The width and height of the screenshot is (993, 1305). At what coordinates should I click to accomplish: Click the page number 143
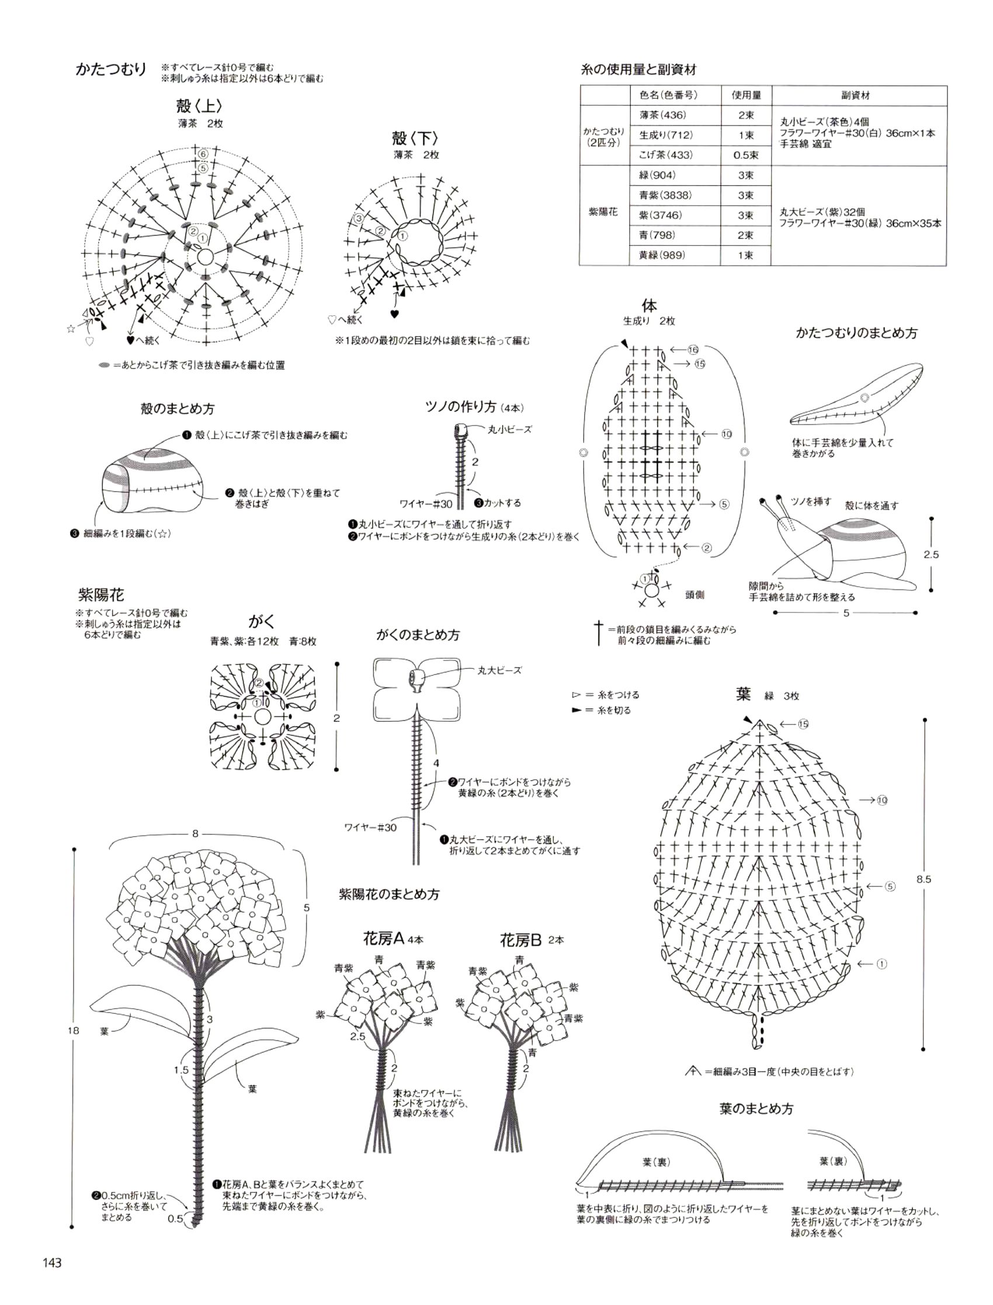(x=52, y=1262)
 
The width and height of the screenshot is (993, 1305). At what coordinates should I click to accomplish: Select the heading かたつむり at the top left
(x=110, y=69)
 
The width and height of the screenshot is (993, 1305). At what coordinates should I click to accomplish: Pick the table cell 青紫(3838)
(x=665, y=195)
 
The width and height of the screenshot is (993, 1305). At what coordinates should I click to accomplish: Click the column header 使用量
(x=746, y=95)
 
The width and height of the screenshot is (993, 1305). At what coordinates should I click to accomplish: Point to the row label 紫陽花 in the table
(x=603, y=211)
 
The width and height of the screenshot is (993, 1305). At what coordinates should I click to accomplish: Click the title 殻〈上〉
(x=199, y=106)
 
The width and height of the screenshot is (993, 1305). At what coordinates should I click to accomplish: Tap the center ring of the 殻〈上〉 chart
(x=204, y=257)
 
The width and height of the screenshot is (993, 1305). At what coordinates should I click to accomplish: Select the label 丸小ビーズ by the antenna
(x=509, y=430)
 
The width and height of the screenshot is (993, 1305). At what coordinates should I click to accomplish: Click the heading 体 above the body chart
(x=648, y=306)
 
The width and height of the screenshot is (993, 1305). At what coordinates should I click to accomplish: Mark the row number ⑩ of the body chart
(x=726, y=434)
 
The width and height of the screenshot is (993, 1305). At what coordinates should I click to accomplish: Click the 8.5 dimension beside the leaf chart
(x=924, y=880)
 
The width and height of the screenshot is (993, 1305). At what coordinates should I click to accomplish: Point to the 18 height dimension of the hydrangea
(x=72, y=1031)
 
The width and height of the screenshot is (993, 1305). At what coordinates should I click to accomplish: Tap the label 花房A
(x=383, y=939)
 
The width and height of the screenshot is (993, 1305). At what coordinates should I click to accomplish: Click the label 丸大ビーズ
(x=499, y=670)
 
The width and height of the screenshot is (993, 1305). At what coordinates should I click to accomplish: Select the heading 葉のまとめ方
(x=756, y=1109)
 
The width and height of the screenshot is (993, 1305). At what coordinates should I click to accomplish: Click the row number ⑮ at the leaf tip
(x=802, y=724)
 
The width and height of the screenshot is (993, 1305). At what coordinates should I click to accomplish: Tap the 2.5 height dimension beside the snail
(x=931, y=555)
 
